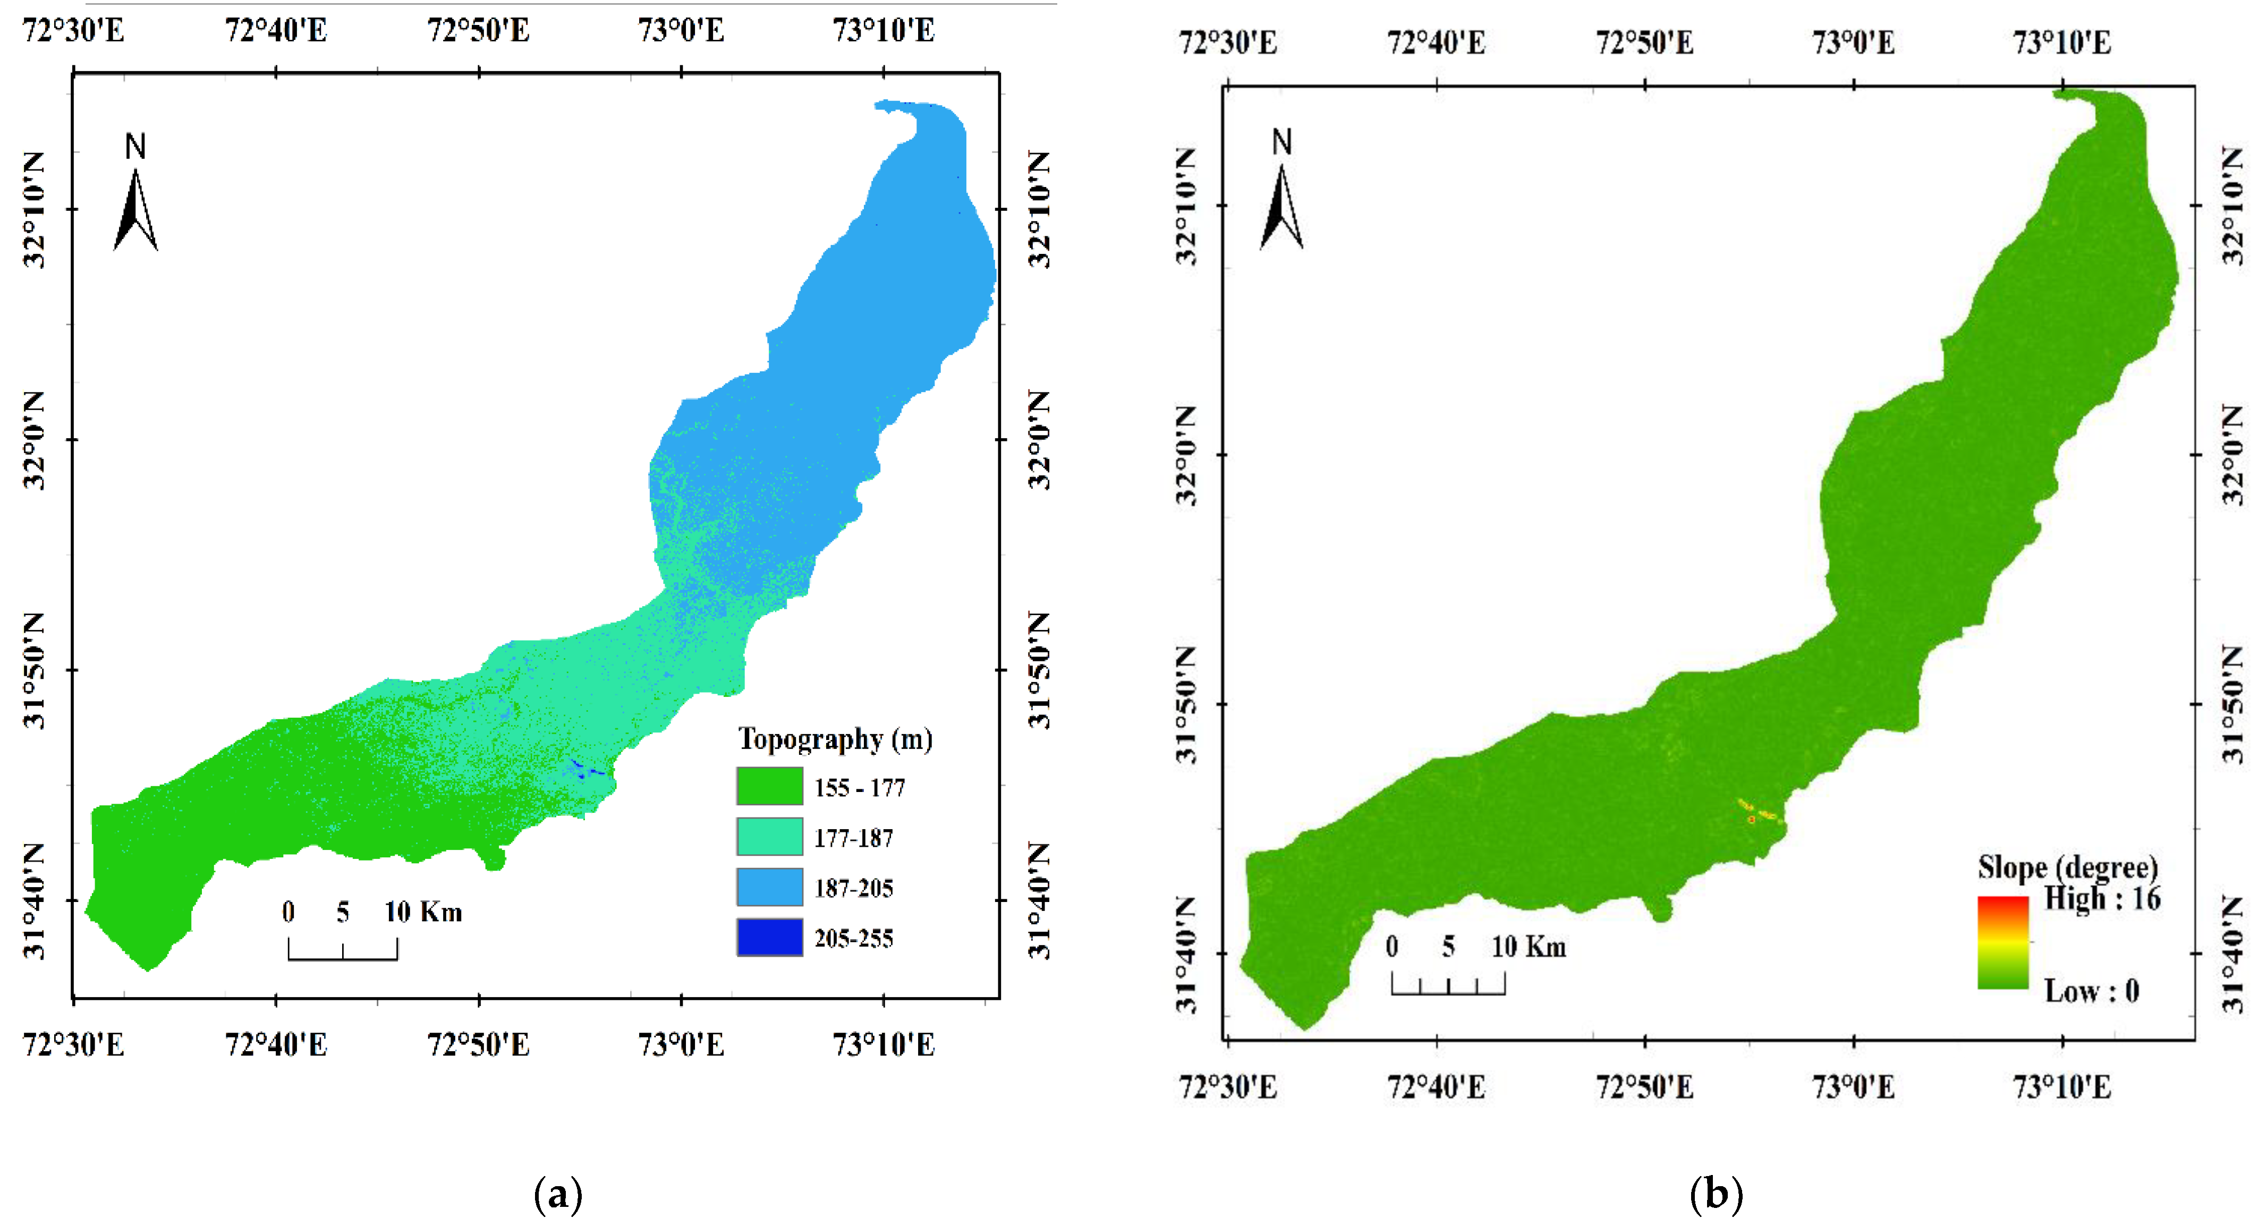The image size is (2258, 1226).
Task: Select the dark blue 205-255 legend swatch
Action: click(x=769, y=937)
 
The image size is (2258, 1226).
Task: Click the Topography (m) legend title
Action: click(x=835, y=739)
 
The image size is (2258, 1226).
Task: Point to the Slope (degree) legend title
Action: click(x=2067, y=867)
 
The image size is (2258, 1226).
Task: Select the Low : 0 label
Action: click(x=2092, y=991)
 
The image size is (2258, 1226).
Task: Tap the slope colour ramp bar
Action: click(x=2003, y=942)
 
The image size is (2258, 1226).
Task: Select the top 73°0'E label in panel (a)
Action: click(x=681, y=31)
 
